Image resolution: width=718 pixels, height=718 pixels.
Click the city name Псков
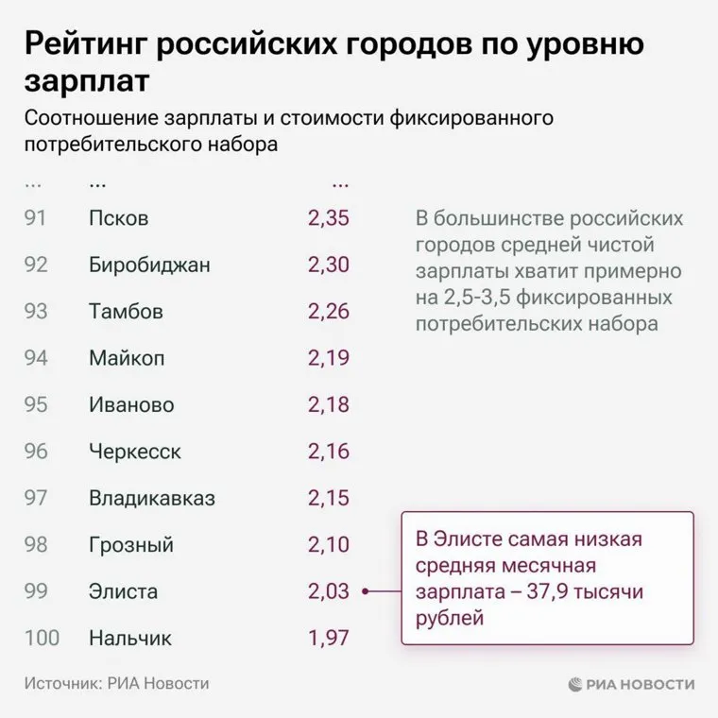click(x=118, y=218)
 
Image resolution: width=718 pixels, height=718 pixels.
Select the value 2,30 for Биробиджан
click(x=328, y=265)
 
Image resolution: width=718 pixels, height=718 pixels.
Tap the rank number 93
click(x=36, y=311)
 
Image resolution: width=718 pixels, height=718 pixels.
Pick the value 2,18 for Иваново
click(x=328, y=405)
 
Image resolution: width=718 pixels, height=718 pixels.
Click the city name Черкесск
click(x=135, y=452)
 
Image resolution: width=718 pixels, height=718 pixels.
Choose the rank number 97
click(x=36, y=498)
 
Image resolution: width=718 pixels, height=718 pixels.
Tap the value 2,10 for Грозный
click(x=328, y=545)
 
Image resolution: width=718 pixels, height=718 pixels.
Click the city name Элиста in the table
click(x=123, y=592)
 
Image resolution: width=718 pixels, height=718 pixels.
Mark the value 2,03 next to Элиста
click(x=328, y=592)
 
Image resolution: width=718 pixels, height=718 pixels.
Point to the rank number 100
click(x=42, y=639)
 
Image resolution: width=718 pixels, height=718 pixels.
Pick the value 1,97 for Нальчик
click(x=328, y=639)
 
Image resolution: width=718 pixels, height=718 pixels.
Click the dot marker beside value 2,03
click(x=365, y=592)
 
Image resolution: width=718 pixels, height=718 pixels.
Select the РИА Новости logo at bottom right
click(x=632, y=684)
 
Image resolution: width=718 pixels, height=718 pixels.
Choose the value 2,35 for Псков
click(x=328, y=218)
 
